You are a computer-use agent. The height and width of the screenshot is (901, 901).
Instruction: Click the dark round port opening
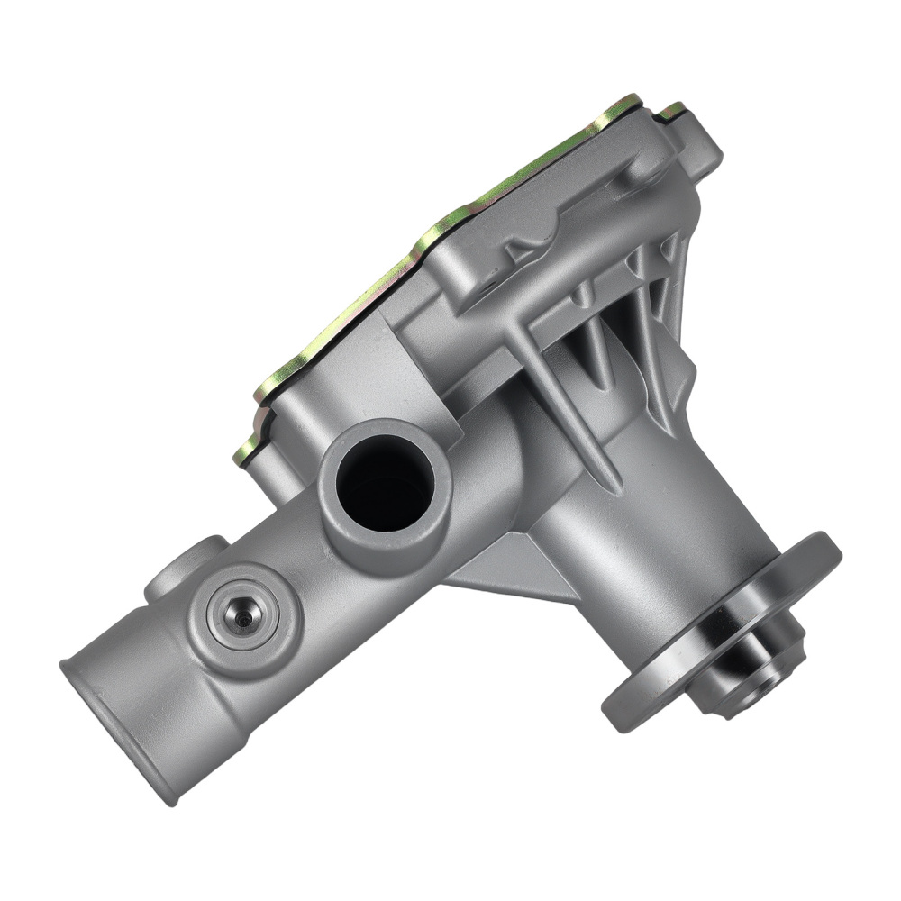pos(382,483)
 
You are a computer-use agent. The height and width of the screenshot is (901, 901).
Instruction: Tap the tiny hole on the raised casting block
pos(487,288)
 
